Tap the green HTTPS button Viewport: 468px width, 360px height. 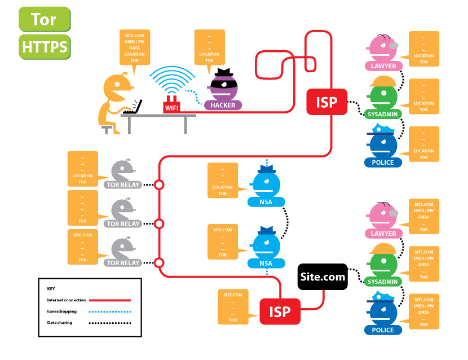tap(45, 46)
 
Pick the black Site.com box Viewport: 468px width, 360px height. tap(321, 277)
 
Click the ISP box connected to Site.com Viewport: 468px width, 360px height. tap(279, 311)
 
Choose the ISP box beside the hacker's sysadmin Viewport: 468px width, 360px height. tap(326, 102)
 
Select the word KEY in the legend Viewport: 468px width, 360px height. tap(51, 288)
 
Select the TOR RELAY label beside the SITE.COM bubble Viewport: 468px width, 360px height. tap(123, 263)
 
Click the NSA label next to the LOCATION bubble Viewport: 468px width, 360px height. tap(266, 203)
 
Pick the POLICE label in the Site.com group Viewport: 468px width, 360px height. tap(383, 330)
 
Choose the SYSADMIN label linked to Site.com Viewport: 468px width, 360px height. tap(383, 281)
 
